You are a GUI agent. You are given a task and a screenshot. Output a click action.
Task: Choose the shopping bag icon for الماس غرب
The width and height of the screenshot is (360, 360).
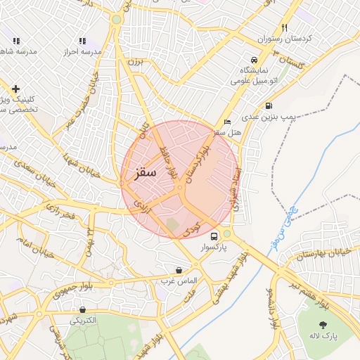pos(179,270)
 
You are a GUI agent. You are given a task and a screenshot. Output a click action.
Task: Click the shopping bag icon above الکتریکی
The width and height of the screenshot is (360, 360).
pos(84,309)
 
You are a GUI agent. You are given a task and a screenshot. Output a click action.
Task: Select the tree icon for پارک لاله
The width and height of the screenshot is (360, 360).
pos(323,325)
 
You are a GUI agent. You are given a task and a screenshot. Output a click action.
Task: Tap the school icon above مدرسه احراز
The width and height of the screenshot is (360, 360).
pos(82,41)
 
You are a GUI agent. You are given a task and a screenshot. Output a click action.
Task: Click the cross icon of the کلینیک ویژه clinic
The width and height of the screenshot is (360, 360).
pos(16,89)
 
